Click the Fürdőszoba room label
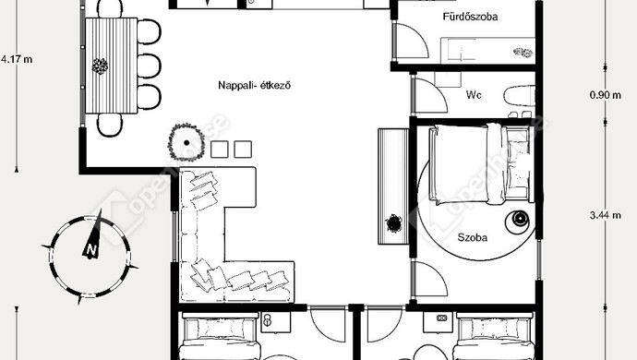pos(470,17)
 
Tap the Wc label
pos(474,95)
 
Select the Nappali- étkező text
pos(254,85)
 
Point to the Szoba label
pos(473,237)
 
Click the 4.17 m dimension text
pos(17,59)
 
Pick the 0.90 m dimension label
pos(606,95)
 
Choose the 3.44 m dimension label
pos(606,215)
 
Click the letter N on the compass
pos(91,250)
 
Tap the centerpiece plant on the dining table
pos(100,66)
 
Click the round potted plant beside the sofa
pos(186,142)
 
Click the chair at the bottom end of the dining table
pos(110,125)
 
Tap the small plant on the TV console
pos(393,223)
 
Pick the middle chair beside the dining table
pos(149,66)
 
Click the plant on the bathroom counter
pos(523,53)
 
